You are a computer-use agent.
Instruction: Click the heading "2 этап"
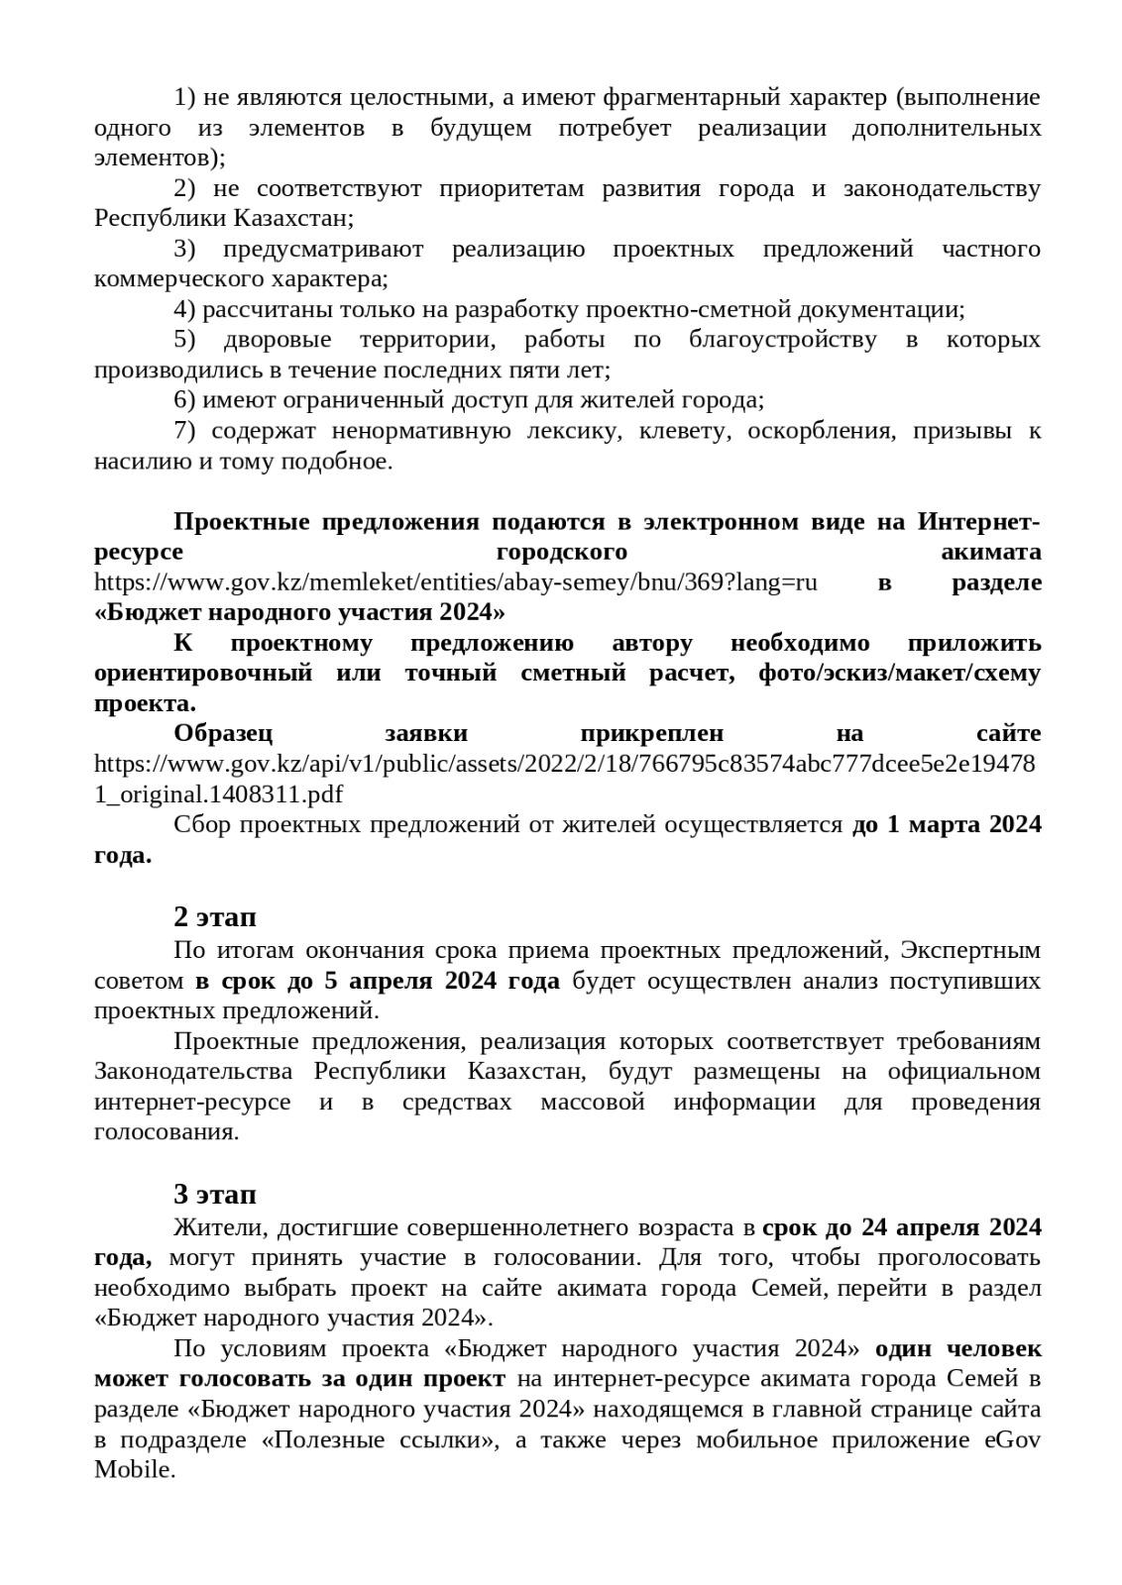[215, 916]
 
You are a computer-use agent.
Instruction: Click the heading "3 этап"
[215, 1194]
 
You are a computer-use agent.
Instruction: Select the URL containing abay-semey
[456, 582]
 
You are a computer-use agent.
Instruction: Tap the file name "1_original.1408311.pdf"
[219, 794]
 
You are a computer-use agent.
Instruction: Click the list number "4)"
[185, 310]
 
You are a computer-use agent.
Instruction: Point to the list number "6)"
[185, 400]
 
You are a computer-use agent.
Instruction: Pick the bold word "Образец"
[223, 734]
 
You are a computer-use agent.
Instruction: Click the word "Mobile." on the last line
[135, 1470]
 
